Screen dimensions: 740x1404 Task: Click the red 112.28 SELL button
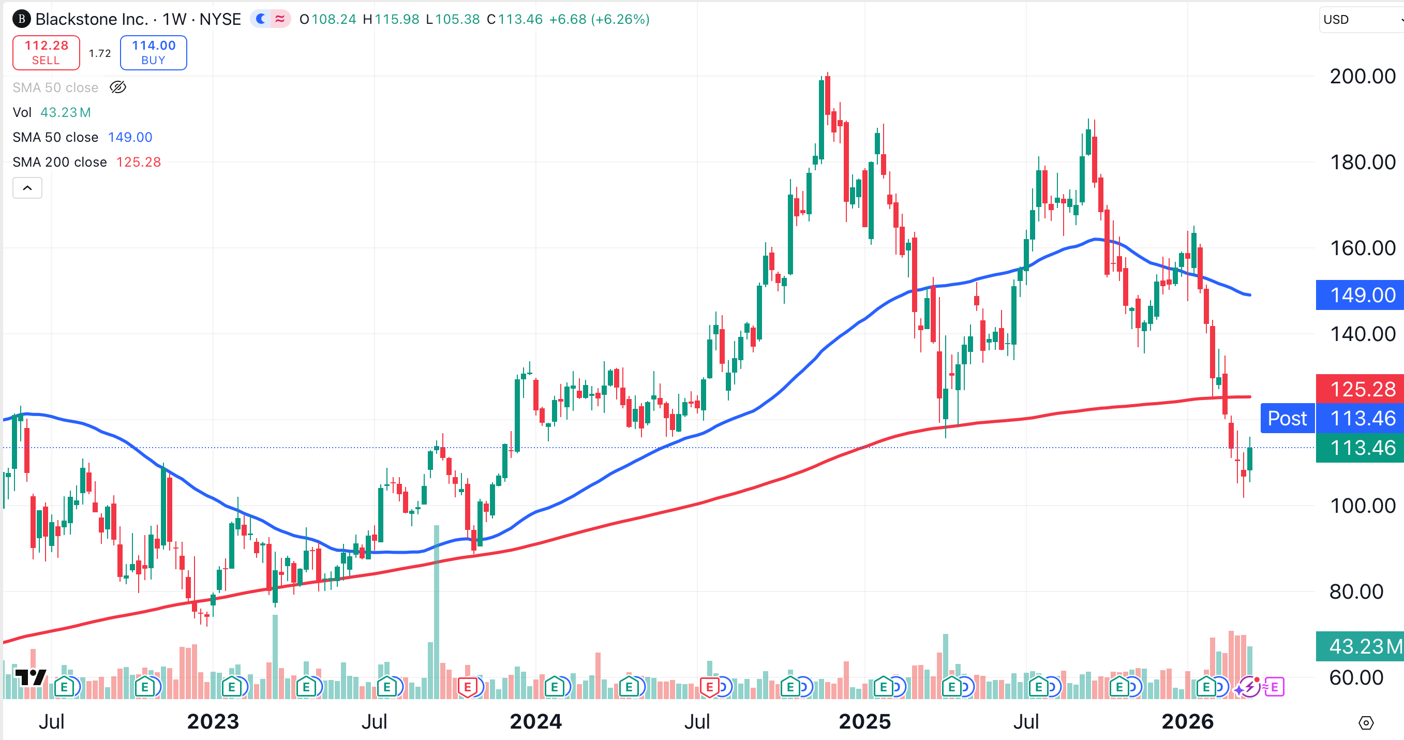coord(47,53)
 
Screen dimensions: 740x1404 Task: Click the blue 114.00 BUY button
coord(153,53)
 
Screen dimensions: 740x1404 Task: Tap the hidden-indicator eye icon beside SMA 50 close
coord(118,87)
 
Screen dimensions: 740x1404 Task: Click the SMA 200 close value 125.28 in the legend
coord(139,162)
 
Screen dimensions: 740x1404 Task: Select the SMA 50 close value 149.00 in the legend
coord(130,137)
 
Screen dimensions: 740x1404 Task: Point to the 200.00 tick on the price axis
coord(1362,77)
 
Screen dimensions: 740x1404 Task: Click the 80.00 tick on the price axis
coord(1356,591)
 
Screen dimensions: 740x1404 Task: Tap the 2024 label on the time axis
coord(535,721)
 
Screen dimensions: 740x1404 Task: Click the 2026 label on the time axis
coord(1187,721)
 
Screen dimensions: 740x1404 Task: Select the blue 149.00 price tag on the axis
coord(1362,295)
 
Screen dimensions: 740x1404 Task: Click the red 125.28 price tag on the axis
coord(1362,389)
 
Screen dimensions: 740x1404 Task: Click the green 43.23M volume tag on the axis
coord(1362,646)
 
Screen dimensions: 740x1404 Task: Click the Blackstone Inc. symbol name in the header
coord(92,20)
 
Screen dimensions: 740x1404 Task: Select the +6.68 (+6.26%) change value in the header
coord(599,20)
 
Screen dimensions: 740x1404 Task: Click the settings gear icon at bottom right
coord(1366,723)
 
